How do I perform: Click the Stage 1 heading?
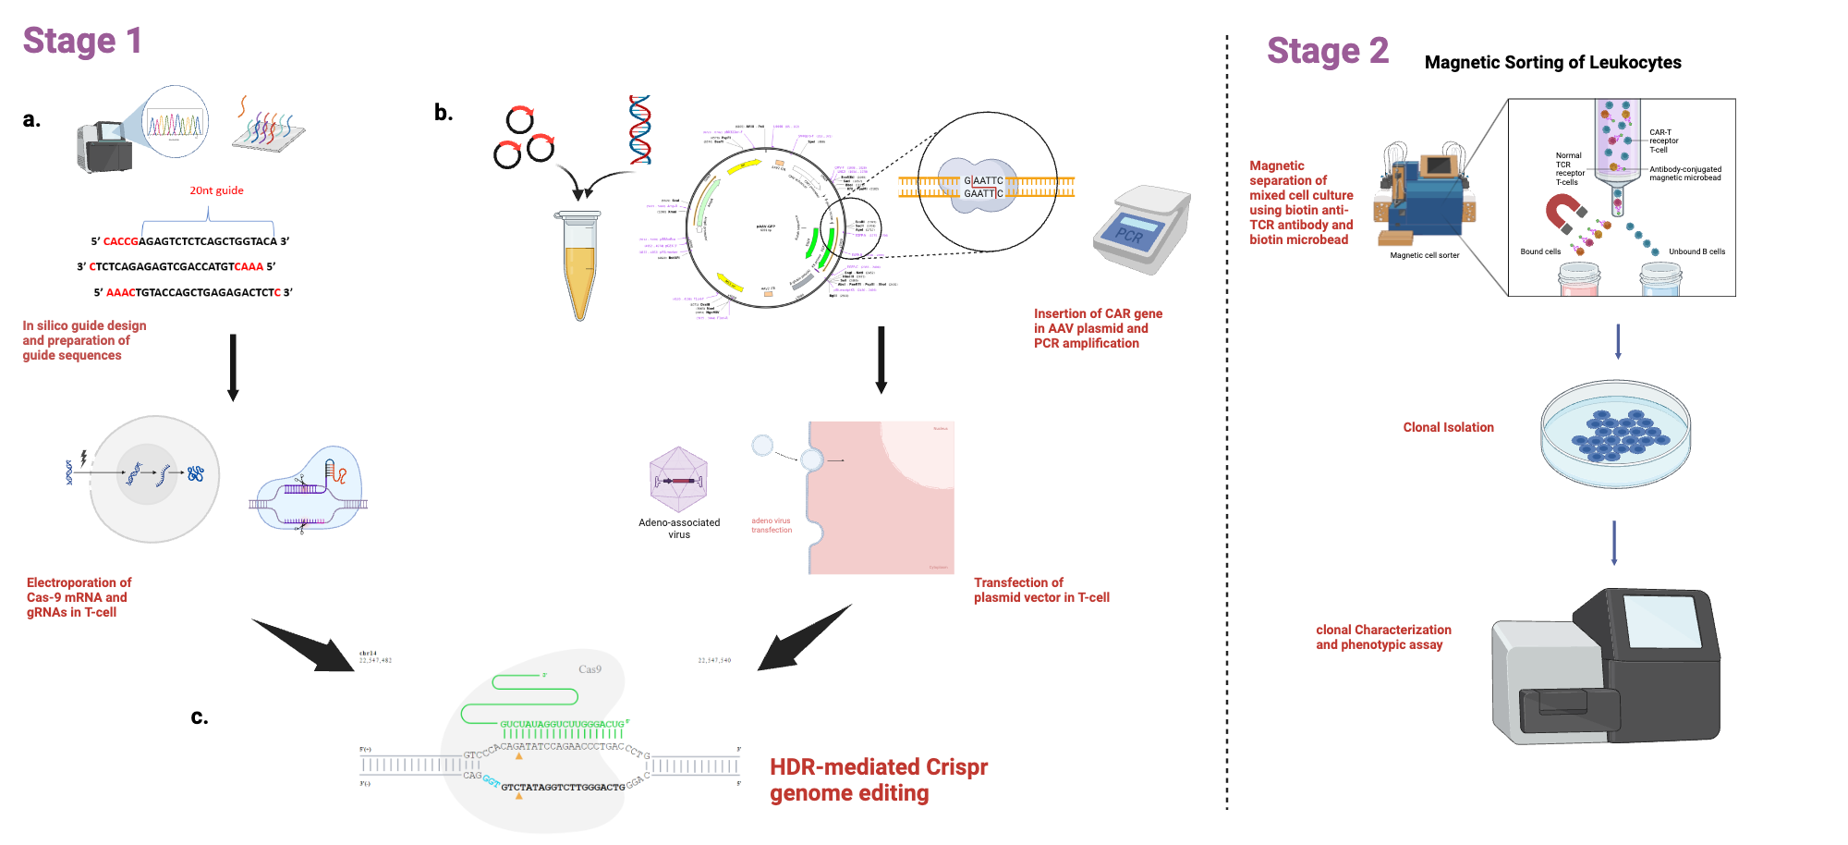[x=82, y=41]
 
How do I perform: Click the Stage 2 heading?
[x=1327, y=51]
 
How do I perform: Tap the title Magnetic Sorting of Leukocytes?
[x=1552, y=62]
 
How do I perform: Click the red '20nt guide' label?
[x=216, y=190]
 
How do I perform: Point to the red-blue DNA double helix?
[x=639, y=129]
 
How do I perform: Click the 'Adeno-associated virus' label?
[x=679, y=528]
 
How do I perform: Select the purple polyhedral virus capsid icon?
[x=678, y=480]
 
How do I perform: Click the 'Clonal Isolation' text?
[x=1448, y=427]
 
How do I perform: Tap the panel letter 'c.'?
[x=200, y=716]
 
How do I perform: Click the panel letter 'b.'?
[x=444, y=113]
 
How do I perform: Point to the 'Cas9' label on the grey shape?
[x=590, y=669]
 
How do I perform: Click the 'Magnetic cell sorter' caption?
[x=1424, y=255]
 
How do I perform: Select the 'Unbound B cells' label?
[x=1696, y=251]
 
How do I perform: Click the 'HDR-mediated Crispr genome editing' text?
[x=878, y=779]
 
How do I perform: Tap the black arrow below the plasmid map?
[x=881, y=360]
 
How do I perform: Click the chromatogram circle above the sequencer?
[x=176, y=122]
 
